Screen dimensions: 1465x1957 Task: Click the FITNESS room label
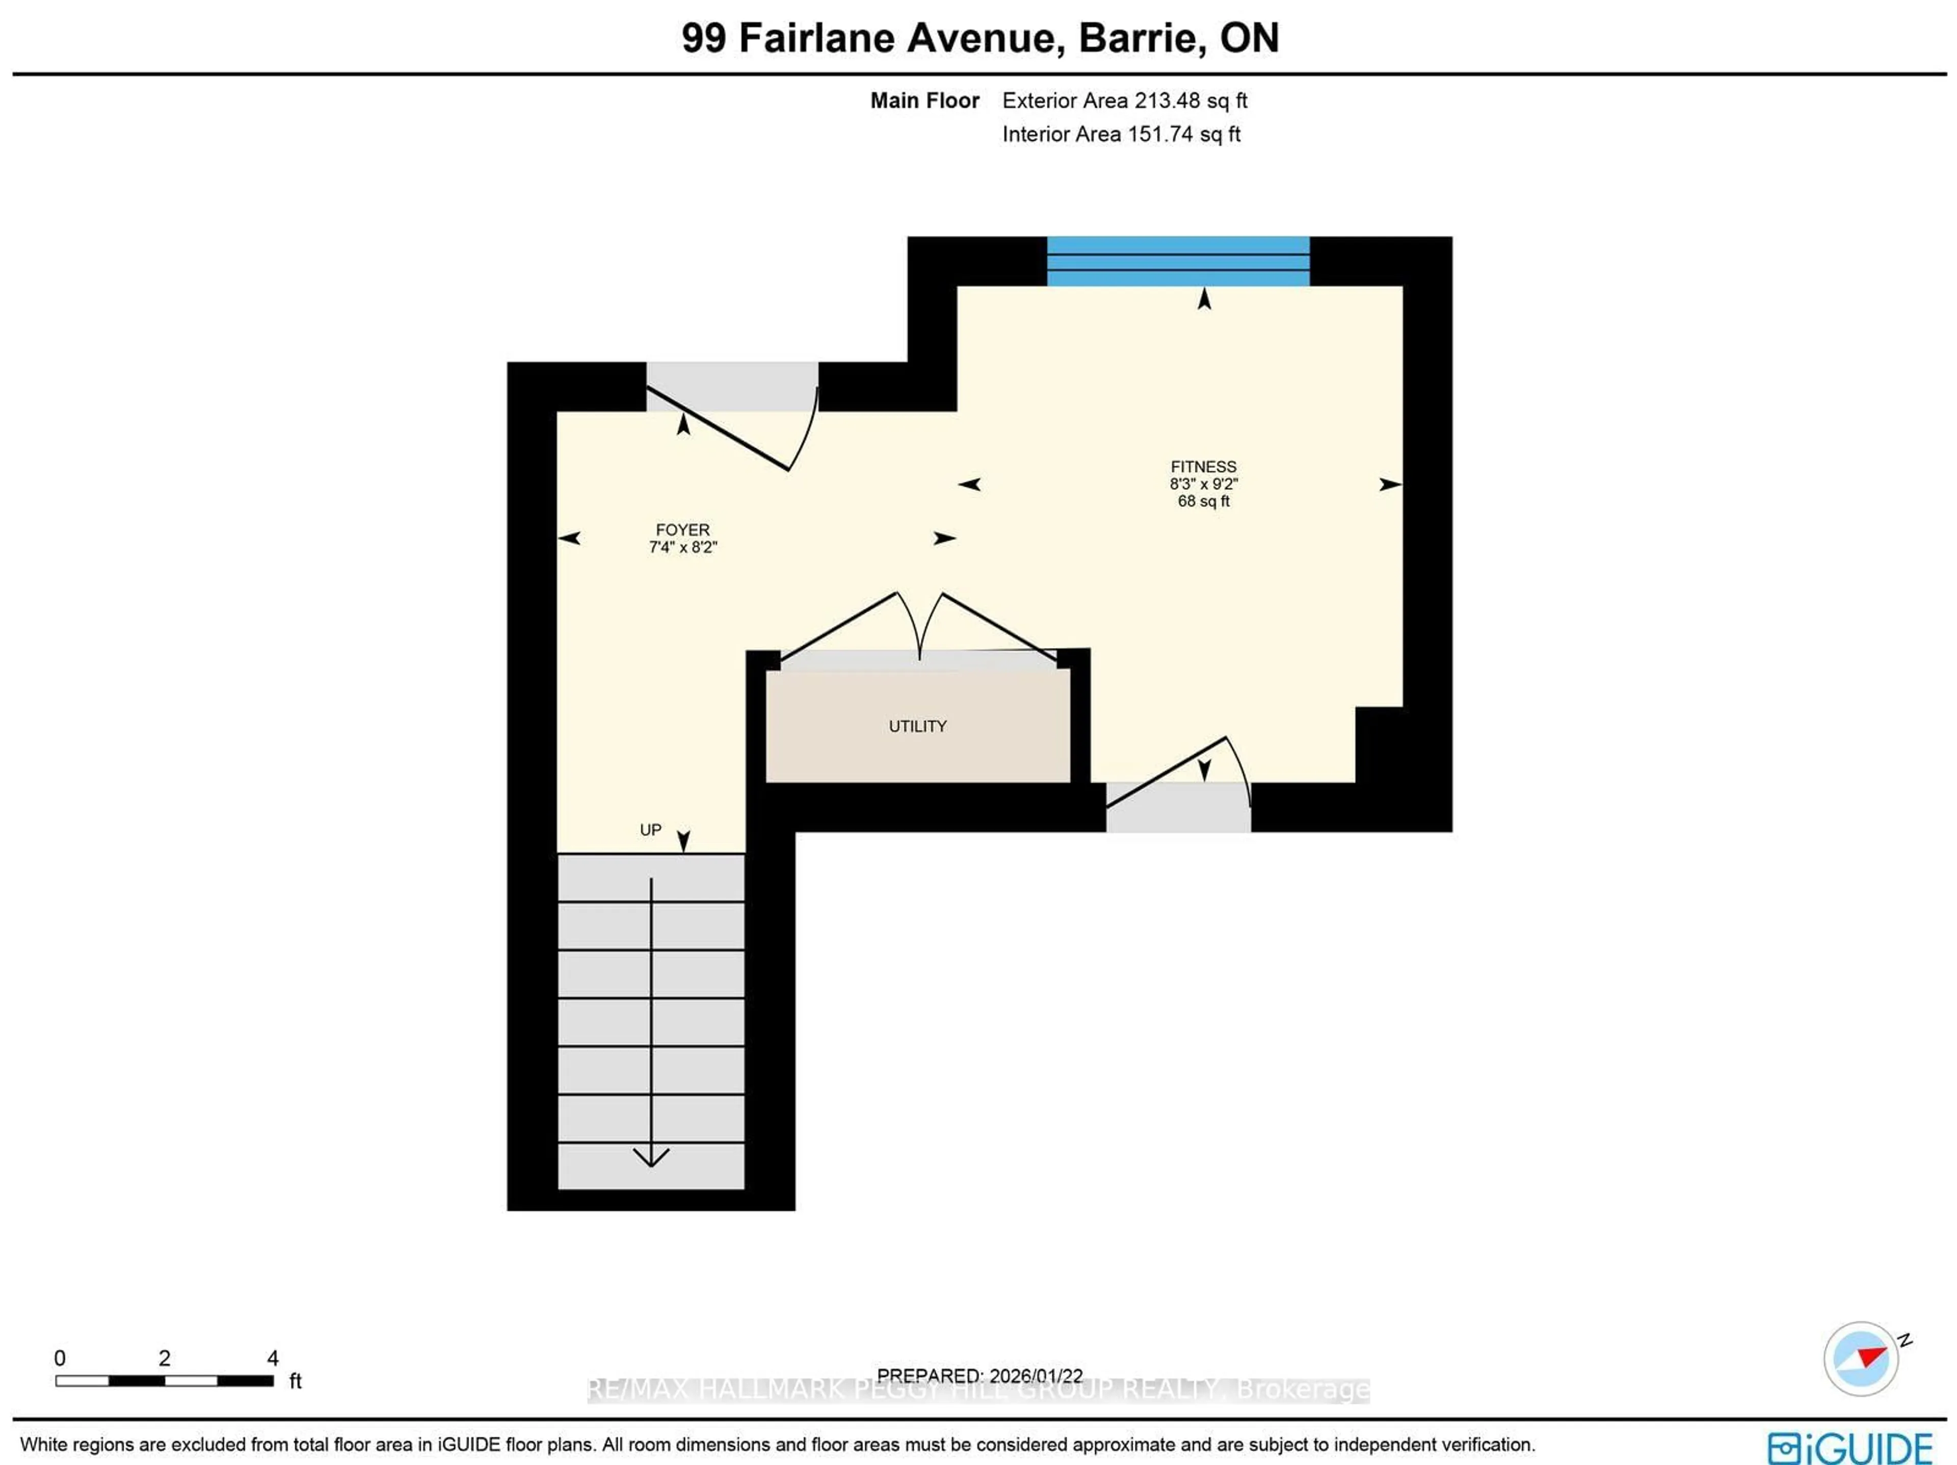[x=1203, y=466]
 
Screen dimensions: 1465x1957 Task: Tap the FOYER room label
[x=682, y=530]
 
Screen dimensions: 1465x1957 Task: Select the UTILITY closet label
[x=917, y=726]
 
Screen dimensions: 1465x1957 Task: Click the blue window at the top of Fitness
[x=1178, y=261]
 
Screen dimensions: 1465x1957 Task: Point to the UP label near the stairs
[x=650, y=830]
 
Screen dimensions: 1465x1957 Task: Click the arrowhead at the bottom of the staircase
[x=651, y=1157]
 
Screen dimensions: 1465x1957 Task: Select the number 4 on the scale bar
[x=273, y=1357]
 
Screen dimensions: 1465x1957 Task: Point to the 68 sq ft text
[x=1203, y=501]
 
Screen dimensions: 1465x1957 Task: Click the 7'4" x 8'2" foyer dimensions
[x=682, y=547]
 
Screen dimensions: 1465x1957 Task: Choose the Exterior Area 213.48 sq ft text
[x=1124, y=101]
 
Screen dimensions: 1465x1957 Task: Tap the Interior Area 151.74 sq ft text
[x=1121, y=135]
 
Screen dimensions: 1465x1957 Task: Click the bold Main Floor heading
[x=924, y=101]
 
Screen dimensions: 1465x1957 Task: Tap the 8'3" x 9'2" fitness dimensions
[x=1203, y=484]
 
